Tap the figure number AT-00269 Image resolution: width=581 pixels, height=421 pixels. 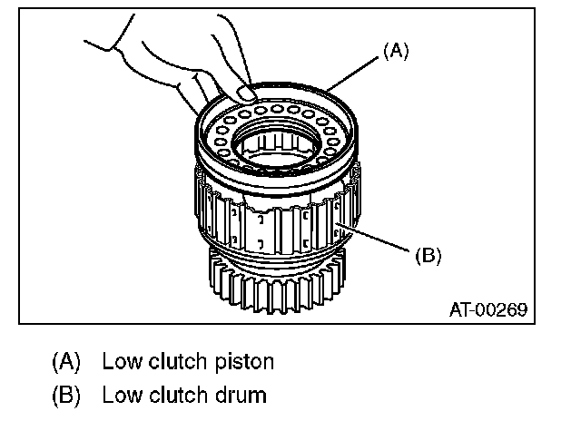(488, 309)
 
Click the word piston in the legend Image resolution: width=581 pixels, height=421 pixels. (244, 362)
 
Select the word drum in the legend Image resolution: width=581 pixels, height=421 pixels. (241, 395)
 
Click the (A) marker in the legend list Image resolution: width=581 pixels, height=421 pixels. (66, 362)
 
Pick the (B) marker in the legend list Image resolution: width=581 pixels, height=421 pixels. (66, 395)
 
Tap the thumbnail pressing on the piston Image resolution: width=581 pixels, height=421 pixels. (246, 92)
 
